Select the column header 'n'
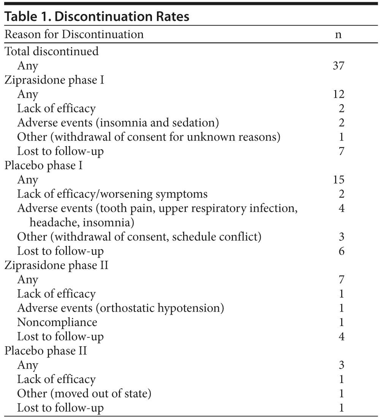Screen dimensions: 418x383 point(338,35)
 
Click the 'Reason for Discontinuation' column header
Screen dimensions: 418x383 point(74,35)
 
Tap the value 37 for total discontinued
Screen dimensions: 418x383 point(338,66)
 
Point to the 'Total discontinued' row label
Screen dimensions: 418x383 point(52,51)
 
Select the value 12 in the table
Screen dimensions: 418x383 point(338,94)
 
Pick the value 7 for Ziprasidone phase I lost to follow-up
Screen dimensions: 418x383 point(341,151)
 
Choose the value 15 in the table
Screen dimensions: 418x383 point(338,180)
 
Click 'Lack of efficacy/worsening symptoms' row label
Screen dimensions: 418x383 point(112,194)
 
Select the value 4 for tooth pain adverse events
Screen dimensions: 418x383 point(341,208)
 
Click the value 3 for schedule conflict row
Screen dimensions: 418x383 point(341,237)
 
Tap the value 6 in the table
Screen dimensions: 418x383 point(341,251)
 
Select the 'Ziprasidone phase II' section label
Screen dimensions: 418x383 point(57,265)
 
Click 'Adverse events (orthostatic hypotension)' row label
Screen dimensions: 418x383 point(120,308)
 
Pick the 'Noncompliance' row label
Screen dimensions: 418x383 point(57,323)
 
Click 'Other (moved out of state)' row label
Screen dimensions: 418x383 point(84,394)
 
